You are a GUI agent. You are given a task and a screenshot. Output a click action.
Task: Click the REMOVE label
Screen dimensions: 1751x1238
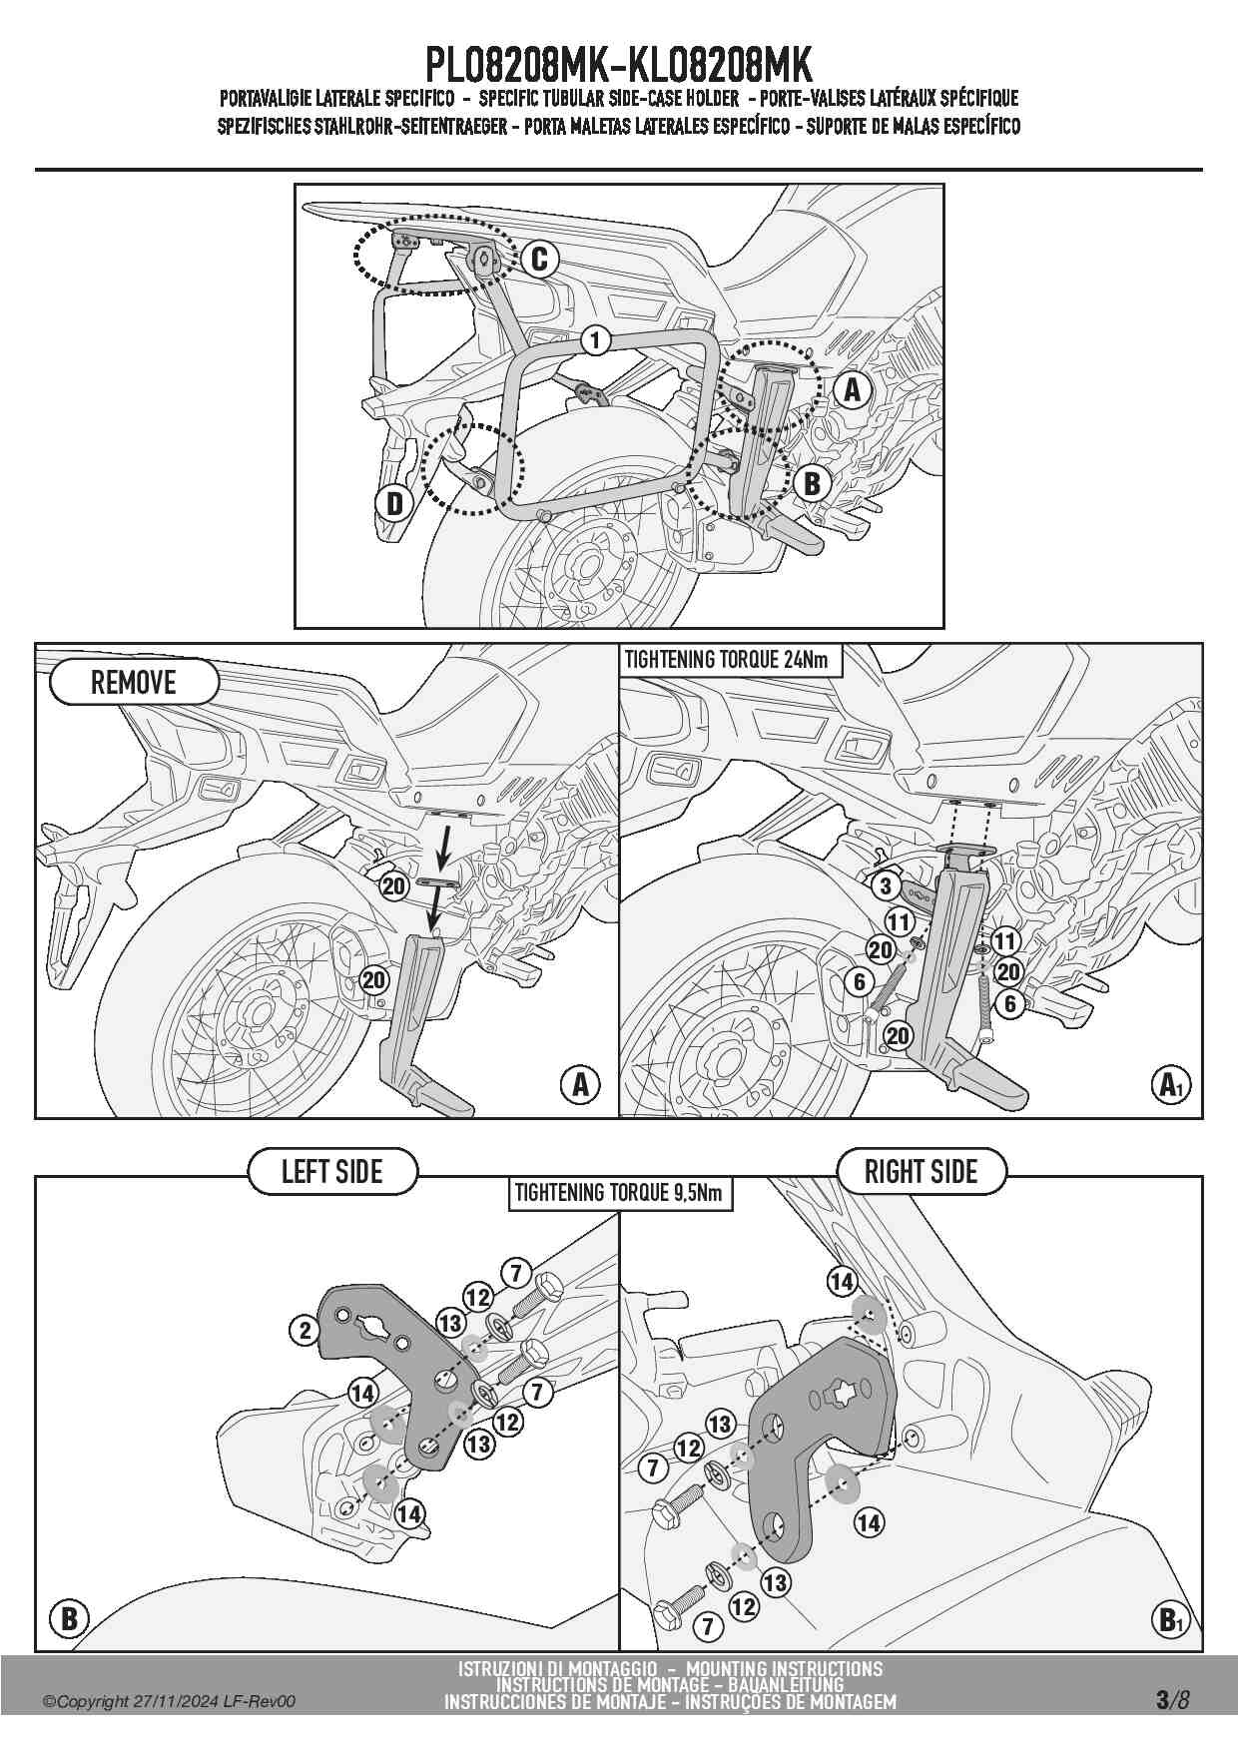(x=133, y=683)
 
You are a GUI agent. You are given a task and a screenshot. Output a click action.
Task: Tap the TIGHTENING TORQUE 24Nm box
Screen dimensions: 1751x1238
(x=725, y=660)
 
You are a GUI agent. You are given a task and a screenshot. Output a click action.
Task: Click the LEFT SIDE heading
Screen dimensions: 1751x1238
(x=332, y=1171)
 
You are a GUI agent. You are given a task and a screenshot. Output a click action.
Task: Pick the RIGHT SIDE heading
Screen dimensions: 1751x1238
(x=921, y=1171)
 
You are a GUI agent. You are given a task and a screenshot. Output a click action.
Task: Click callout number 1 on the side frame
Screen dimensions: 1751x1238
(x=595, y=340)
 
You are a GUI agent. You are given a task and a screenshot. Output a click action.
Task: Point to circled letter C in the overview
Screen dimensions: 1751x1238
(x=539, y=260)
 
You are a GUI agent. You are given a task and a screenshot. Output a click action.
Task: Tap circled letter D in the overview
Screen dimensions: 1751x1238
(x=394, y=503)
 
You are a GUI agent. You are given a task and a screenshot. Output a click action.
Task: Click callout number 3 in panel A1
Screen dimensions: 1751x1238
(x=885, y=885)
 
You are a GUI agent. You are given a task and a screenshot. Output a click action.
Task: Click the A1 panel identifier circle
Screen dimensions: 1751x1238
(x=1170, y=1084)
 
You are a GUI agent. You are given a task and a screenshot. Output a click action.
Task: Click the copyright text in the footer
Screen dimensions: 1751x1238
(x=169, y=1702)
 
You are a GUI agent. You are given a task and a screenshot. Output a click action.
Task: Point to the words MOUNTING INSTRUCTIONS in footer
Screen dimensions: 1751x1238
(x=784, y=1668)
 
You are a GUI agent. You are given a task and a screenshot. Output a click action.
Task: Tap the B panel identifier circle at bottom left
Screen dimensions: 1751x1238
(x=69, y=1618)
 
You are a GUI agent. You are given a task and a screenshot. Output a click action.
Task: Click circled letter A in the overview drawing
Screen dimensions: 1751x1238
(x=852, y=389)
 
